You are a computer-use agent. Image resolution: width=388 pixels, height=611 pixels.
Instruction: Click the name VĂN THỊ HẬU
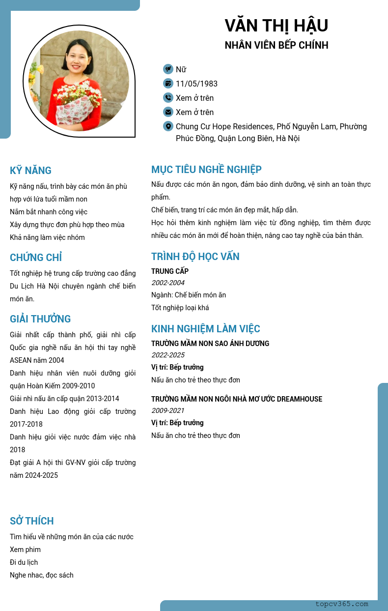(276, 26)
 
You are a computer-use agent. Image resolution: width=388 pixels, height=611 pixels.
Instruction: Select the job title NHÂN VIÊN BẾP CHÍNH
(276, 45)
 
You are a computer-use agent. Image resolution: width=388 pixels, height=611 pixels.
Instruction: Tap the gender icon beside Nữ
(168, 69)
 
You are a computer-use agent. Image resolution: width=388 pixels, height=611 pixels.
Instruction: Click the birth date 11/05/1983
(196, 84)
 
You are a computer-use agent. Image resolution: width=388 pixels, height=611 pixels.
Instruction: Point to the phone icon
(168, 98)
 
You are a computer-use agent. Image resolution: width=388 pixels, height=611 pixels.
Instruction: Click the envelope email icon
(168, 112)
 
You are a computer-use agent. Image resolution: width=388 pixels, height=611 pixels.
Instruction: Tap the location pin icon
(168, 126)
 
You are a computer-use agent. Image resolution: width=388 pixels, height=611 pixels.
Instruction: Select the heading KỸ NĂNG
(30, 171)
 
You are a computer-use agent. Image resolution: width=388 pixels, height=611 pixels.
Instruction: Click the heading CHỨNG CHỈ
(36, 258)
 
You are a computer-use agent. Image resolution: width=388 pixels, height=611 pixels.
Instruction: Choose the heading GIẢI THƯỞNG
(40, 319)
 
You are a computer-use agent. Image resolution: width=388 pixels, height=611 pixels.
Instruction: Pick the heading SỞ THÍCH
(32, 521)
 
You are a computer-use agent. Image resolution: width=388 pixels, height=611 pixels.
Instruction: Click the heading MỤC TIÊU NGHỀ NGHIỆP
(206, 170)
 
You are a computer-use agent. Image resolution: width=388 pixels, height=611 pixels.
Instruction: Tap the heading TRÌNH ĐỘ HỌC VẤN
(195, 257)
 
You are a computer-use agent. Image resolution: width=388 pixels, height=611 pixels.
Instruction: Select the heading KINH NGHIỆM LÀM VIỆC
(206, 329)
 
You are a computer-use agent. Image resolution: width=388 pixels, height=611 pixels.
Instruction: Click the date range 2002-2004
(168, 283)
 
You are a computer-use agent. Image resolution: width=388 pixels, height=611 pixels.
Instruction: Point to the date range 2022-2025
(168, 355)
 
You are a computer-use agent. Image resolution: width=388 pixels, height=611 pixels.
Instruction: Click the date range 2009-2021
(168, 410)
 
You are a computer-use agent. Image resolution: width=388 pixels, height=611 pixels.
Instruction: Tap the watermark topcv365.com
(342, 604)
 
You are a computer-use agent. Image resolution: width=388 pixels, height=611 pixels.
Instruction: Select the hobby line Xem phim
(25, 550)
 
